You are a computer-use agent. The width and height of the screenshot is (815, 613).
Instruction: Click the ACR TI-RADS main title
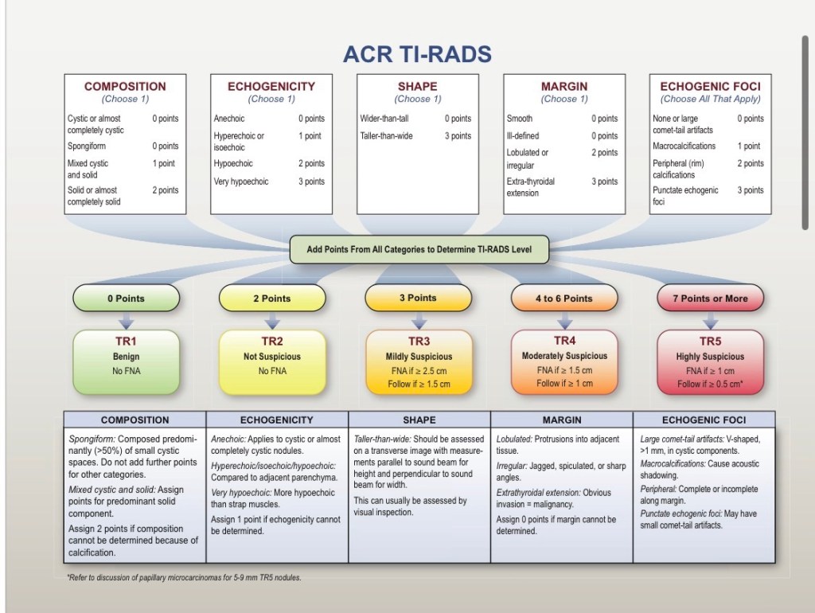tap(417, 54)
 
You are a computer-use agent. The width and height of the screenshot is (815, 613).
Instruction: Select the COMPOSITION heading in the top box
tap(125, 86)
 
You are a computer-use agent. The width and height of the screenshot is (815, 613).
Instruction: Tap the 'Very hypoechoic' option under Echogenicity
tap(241, 182)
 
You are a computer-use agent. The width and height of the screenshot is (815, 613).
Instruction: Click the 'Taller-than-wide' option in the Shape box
tap(386, 135)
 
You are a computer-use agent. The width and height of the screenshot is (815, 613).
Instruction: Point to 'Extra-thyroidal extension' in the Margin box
tap(531, 187)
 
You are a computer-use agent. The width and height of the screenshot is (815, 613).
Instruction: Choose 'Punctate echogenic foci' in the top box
tap(685, 196)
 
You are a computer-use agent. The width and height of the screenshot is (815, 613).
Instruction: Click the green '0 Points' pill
tap(127, 299)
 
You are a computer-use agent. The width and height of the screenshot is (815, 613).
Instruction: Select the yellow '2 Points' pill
tap(272, 299)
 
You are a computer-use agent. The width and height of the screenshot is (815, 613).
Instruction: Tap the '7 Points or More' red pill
tap(711, 299)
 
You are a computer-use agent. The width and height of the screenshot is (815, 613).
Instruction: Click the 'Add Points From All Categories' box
tap(419, 249)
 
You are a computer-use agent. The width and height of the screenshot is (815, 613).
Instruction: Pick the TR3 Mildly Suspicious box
tap(419, 362)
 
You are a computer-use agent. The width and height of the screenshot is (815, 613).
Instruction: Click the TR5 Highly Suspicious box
tap(711, 362)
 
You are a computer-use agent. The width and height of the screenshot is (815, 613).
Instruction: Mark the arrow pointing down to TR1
tap(127, 320)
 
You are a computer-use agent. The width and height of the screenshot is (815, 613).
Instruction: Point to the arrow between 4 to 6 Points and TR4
tap(564, 320)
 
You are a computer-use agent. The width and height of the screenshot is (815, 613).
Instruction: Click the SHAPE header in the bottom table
tap(419, 420)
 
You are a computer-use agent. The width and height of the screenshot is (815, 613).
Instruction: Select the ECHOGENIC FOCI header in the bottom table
tap(704, 420)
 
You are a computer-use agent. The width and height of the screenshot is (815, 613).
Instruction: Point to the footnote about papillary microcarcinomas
tap(184, 578)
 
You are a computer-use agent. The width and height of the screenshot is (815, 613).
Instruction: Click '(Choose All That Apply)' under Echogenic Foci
tap(711, 99)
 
